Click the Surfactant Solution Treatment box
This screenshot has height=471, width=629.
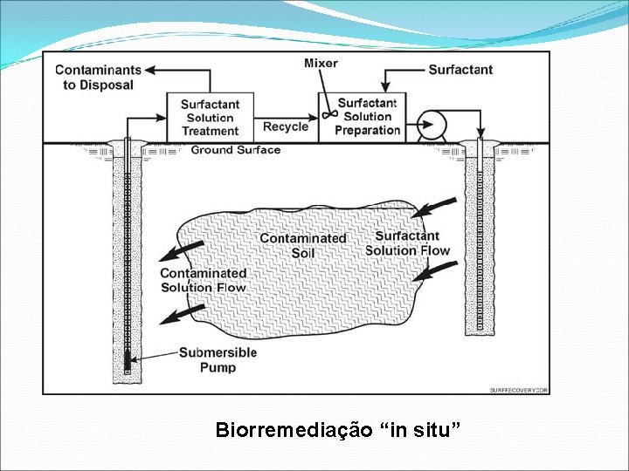point(210,117)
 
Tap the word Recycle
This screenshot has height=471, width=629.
point(286,127)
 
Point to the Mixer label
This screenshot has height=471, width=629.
point(321,63)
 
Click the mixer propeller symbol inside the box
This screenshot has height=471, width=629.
point(329,114)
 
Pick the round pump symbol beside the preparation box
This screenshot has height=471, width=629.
point(429,122)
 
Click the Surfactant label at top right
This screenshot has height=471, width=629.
point(460,70)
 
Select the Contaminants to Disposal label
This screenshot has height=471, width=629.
point(97,77)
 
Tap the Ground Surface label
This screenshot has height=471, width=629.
point(236,150)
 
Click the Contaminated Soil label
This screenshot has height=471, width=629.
point(302,245)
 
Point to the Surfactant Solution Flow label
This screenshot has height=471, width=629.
point(407,243)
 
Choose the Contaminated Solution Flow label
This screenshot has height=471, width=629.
point(203,280)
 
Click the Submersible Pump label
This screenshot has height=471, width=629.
point(218,359)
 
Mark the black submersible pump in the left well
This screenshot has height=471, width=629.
point(127,360)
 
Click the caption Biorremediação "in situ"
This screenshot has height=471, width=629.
point(337,430)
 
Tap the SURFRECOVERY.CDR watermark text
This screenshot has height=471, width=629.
point(519,390)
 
